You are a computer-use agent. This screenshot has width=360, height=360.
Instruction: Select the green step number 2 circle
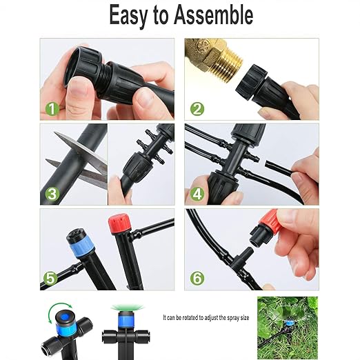(198, 108)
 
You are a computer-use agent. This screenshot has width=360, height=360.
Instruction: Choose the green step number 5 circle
(50, 279)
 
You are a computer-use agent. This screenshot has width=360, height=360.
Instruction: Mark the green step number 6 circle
(198, 279)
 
